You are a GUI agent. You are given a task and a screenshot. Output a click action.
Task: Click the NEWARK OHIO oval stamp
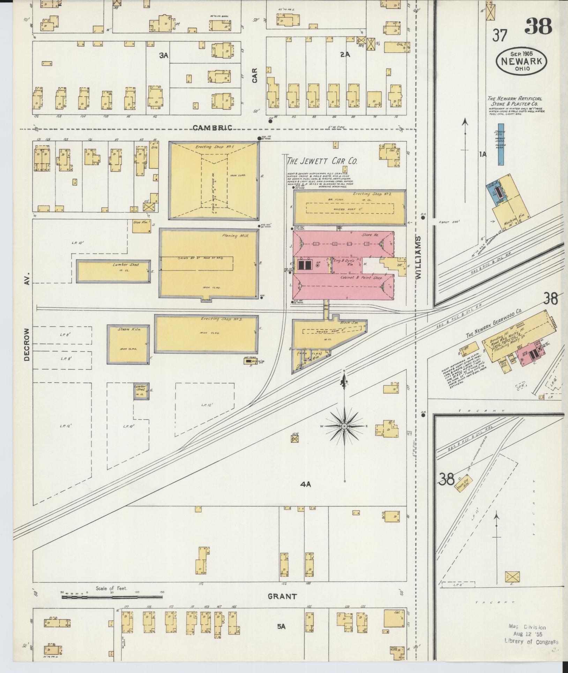click(521, 61)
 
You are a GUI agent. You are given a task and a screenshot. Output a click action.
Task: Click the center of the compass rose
click(345, 426)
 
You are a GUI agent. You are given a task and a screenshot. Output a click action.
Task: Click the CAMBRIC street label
click(212, 128)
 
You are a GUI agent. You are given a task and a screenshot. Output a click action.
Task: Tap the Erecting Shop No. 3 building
click(207, 334)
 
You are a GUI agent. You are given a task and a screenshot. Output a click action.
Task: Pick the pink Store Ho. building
click(344, 243)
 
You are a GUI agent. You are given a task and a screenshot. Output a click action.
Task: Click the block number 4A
click(305, 484)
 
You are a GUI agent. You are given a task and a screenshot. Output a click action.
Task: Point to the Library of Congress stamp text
click(531, 642)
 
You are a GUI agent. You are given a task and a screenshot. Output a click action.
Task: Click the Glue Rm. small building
click(142, 226)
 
